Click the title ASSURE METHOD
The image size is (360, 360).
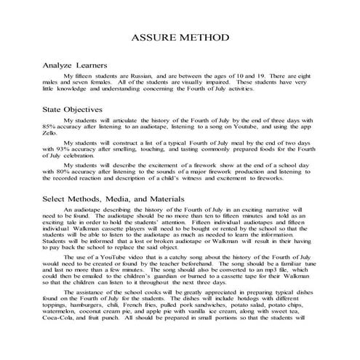[180, 37]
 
